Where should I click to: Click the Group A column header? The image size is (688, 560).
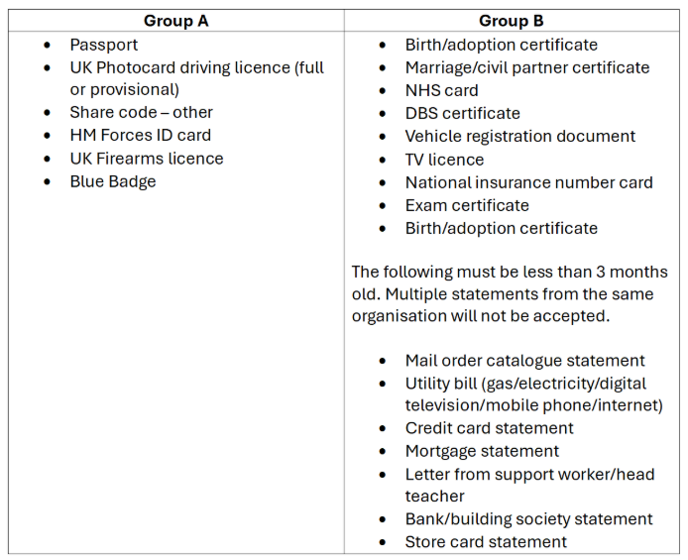pos(175,21)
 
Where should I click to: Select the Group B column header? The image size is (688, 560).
pos(511,21)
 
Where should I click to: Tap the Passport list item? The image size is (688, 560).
pos(103,45)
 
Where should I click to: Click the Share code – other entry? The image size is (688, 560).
pos(141,112)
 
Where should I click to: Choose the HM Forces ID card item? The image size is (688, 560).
pos(140,135)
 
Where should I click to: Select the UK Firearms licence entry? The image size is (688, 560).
pos(146,158)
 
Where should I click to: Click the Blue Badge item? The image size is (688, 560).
pos(112,180)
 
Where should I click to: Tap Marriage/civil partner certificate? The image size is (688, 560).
pos(526,67)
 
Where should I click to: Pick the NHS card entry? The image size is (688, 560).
pos(441,90)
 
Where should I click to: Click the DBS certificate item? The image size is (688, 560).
pos(462,113)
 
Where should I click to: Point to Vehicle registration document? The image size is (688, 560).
pos(519,136)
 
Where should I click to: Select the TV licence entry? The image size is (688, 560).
pos(444,159)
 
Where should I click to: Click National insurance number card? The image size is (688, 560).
pos(528,181)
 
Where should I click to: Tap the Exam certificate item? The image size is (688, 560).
pos(467,205)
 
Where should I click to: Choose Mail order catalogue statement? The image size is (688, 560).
pos(524,360)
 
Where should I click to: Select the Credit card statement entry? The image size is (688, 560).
pos(489,428)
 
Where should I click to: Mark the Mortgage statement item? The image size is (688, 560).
pos(482,451)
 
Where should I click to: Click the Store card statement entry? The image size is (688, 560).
pos(486,541)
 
